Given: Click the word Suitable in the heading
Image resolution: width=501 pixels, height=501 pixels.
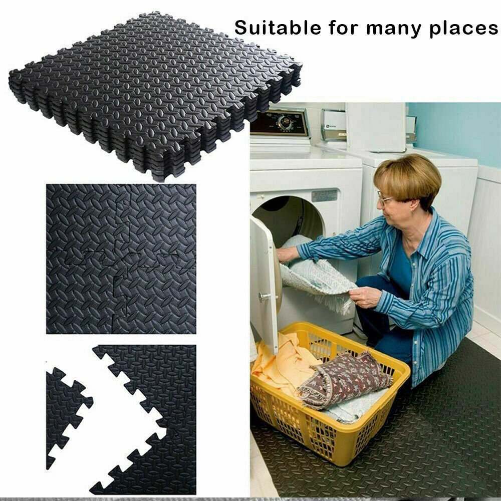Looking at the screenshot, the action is (278, 28).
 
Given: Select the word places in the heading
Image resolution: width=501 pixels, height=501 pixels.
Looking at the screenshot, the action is (463, 29).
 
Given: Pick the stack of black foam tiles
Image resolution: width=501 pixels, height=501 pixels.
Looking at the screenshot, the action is (155, 96).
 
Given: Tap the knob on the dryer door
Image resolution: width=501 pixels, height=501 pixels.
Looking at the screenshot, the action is (265, 297).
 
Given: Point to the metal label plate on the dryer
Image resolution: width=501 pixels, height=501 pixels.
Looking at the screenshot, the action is (324, 195).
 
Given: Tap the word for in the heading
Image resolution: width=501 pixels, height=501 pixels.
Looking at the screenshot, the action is (343, 28).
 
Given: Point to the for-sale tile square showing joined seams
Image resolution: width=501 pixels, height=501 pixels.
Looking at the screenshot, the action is (121, 259).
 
